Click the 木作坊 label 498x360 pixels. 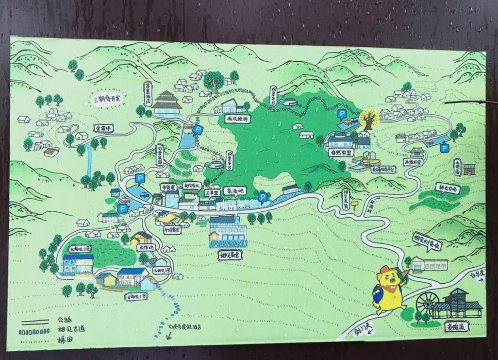tap(146, 247)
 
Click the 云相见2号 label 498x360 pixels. tap(80, 249)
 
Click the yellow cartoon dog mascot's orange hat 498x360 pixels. tap(388, 271)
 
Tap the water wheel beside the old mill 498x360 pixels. tap(427, 303)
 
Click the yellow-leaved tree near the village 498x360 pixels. tap(369, 119)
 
